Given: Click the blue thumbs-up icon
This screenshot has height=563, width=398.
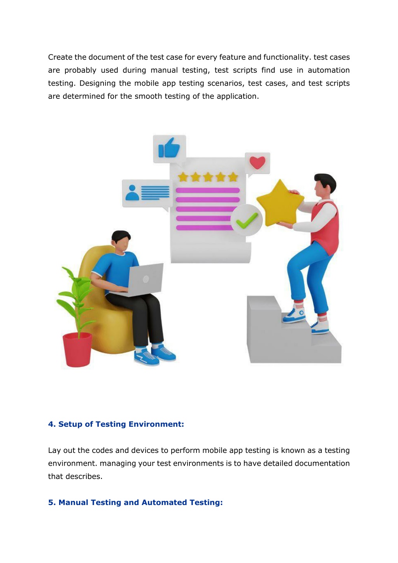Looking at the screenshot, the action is (x=169, y=147).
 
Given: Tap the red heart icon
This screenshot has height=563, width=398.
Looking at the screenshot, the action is (x=257, y=163).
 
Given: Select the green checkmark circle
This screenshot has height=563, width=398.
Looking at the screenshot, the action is (x=247, y=220).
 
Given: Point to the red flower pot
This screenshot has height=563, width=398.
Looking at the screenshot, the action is (x=77, y=350).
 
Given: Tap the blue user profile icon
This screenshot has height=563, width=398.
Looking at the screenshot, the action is (x=132, y=193).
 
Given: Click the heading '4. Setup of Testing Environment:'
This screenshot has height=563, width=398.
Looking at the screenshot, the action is (x=116, y=424).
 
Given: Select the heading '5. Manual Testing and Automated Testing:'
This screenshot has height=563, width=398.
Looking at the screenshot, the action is (x=135, y=502).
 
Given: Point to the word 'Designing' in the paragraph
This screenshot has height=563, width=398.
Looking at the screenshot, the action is (x=97, y=83).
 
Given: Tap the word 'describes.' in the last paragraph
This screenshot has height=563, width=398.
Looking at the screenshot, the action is (x=84, y=476).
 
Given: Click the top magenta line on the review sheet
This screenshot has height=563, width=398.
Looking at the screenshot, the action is (x=207, y=190).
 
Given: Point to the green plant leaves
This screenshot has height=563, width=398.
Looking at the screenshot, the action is (x=75, y=299).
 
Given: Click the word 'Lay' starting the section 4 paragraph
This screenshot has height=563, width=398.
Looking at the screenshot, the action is (x=54, y=451).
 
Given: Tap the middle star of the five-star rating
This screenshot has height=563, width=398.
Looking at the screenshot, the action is (x=208, y=177).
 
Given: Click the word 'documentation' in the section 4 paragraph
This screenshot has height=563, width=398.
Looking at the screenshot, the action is (x=322, y=463).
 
